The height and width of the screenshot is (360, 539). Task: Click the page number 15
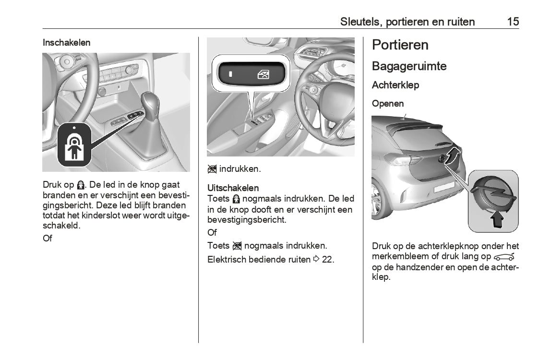pos(513,22)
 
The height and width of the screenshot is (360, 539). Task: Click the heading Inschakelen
pos(66,43)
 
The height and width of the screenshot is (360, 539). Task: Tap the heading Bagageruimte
pos(409,66)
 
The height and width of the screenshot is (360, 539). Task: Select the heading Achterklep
pos(395,85)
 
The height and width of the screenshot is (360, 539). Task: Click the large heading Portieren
pos(400,45)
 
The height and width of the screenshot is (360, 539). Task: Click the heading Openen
pos(388,104)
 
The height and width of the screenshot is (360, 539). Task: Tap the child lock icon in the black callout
pos(74,145)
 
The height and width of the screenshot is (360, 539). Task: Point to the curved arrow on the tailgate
pos(453,156)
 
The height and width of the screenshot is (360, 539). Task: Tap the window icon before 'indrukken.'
pos(212,169)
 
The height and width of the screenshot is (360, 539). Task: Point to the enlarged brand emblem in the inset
pos(493,194)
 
